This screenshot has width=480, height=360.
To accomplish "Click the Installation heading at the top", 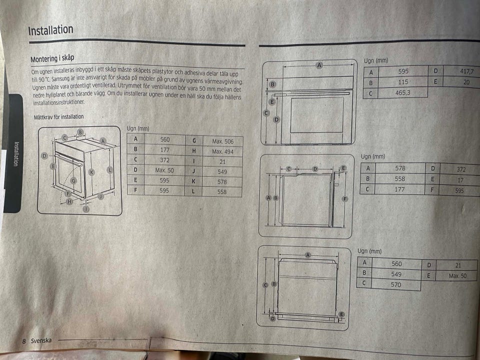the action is [x=51, y=30].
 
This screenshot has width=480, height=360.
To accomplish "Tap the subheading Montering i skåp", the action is [x=52, y=58].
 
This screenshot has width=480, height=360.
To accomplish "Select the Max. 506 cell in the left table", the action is [x=222, y=141].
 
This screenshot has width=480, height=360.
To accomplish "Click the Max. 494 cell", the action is [x=222, y=151].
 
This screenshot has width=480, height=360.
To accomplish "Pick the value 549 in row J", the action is [x=222, y=171].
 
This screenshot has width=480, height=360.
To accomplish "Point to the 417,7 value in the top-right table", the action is [x=466, y=71].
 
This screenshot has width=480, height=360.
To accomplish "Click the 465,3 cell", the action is [x=402, y=92].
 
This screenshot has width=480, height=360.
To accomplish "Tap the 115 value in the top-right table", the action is [x=403, y=82].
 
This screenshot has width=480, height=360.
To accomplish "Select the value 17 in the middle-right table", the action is [x=460, y=180].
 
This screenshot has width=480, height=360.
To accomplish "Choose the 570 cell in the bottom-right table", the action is [x=395, y=284].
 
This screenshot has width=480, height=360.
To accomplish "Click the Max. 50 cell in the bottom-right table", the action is [x=457, y=276].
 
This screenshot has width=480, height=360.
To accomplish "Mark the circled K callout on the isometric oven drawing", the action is [x=91, y=172].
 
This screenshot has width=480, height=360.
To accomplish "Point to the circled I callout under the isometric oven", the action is [x=86, y=209].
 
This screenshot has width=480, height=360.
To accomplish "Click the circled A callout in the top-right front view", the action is [x=319, y=65].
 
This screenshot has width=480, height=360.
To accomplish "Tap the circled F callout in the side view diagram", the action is [x=345, y=199].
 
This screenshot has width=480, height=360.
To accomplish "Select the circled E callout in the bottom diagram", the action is [x=341, y=314].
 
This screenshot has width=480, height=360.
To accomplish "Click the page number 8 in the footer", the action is [x=24, y=341].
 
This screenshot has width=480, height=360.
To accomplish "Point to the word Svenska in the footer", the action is [x=41, y=340].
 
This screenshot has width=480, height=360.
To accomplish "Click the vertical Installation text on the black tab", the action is [x=16, y=153].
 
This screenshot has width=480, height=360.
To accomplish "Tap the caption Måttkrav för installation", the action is [x=59, y=116].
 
